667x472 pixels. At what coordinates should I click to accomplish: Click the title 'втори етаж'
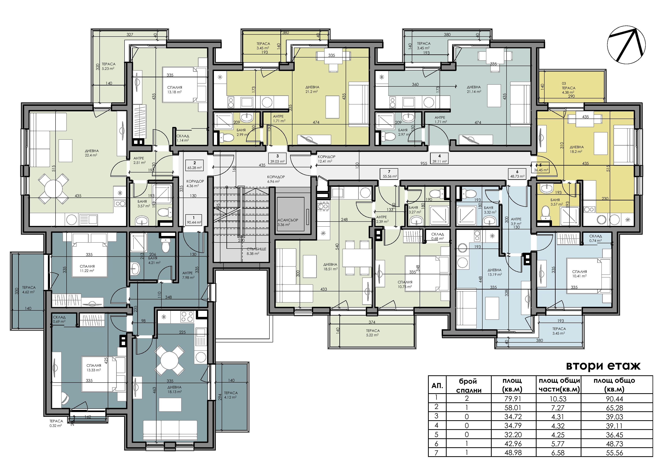click(x=603, y=366)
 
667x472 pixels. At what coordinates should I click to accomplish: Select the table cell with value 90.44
click(x=614, y=399)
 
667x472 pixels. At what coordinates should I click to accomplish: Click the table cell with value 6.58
click(x=558, y=453)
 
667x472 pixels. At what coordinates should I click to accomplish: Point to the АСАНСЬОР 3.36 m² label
click(x=288, y=222)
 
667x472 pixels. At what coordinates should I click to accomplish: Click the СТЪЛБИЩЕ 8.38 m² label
click(x=256, y=251)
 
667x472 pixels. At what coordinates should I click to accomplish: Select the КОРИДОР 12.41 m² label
click(x=326, y=159)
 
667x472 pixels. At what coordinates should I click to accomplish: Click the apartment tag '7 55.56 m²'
click(x=389, y=174)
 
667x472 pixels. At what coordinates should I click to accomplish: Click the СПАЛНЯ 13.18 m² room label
click(x=175, y=90)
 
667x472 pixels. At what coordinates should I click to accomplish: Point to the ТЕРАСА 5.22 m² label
click(x=373, y=333)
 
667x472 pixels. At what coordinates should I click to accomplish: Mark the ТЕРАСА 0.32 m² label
click(x=56, y=423)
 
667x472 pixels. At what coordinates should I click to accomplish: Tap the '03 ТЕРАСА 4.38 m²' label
click(x=568, y=88)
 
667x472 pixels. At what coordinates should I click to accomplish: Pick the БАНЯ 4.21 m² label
click(x=154, y=260)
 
